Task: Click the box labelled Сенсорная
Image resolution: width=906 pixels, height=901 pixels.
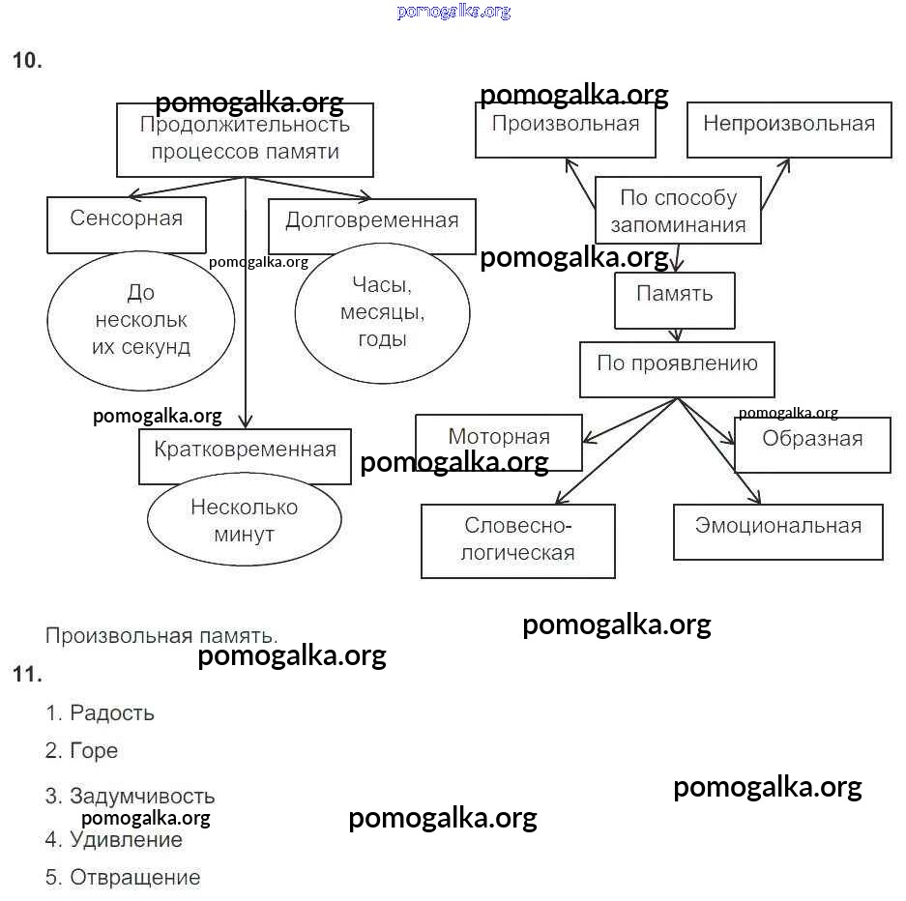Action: (x=127, y=224)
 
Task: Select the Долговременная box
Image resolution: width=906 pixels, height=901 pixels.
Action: (x=371, y=226)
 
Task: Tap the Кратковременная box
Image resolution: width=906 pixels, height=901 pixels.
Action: (x=245, y=456)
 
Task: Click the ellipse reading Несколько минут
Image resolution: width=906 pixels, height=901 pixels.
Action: (x=245, y=520)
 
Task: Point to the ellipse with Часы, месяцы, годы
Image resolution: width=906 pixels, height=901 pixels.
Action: (x=382, y=312)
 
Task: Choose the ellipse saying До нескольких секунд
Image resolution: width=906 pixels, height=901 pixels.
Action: (x=141, y=320)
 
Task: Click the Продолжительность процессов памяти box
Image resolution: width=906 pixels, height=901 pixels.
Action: (x=245, y=140)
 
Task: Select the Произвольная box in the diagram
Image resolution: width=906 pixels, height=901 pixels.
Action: (x=565, y=130)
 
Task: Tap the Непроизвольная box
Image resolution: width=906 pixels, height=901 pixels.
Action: (x=789, y=130)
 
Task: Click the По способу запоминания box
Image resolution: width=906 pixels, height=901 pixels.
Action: (x=677, y=211)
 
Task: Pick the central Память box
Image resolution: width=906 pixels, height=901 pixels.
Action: (x=675, y=300)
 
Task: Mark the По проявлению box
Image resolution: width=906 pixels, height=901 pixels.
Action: (x=677, y=368)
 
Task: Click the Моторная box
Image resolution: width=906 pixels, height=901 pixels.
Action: (x=499, y=442)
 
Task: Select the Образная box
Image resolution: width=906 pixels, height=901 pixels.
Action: (x=812, y=445)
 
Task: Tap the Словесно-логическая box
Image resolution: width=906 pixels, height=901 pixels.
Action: (x=518, y=540)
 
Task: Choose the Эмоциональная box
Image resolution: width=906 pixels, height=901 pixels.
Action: (x=777, y=531)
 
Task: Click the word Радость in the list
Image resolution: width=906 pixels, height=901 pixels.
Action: (x=112, y=713)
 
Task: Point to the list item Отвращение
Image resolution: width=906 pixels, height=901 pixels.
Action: (x=135, y=878)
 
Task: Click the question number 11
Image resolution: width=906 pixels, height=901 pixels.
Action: (x=27, y=675)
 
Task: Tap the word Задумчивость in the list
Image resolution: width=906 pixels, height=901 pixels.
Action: (x=142, y=797)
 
